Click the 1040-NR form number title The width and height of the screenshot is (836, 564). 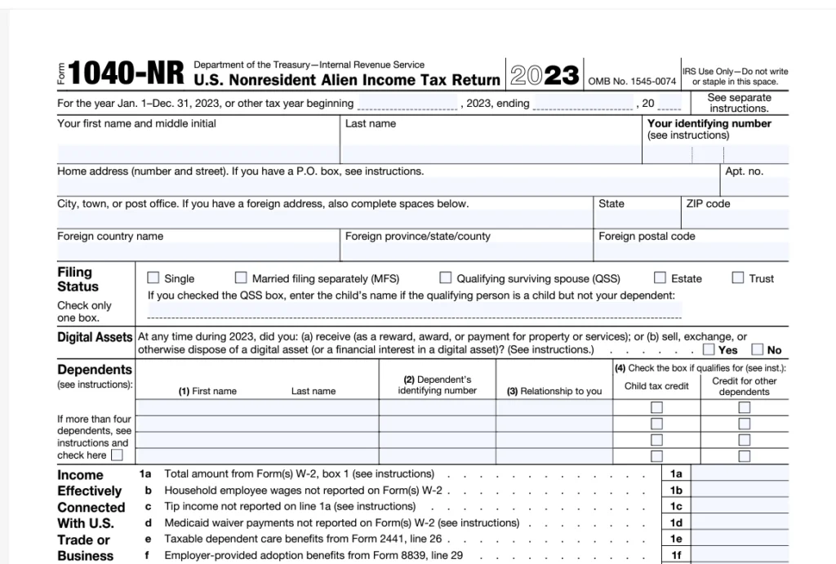[125, 73]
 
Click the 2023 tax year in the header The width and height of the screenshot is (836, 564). [545, 75]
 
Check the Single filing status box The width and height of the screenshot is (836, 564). [153, 278]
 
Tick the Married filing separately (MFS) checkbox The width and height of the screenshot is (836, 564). [241, 278]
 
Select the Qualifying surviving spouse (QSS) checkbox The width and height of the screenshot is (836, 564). [446, 278]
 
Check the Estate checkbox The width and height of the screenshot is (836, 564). [660, 278]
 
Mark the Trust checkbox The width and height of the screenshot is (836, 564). [738, 278]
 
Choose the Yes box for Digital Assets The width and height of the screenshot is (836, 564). [709, 349]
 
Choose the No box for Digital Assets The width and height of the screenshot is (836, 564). [758, 349]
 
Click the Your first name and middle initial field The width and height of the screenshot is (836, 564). [198, 153]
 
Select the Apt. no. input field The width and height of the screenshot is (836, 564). [754, 187]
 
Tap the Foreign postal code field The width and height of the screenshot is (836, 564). [691, 251]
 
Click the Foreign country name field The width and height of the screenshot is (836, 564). [198, 251]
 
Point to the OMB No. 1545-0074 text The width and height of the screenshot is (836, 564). [633, 81]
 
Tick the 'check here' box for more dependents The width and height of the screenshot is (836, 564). [117, 455]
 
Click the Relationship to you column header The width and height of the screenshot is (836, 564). [554, 391]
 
